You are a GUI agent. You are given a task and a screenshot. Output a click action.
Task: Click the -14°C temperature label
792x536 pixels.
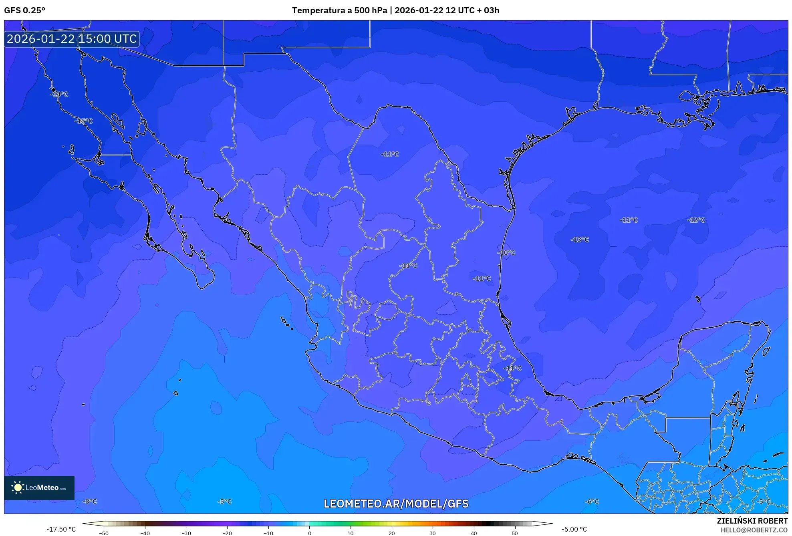tap(59, 94)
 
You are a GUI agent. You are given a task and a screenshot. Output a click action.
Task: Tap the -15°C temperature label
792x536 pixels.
tap(84, 121)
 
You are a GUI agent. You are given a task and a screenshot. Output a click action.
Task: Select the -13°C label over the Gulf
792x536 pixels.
tap(580, 240)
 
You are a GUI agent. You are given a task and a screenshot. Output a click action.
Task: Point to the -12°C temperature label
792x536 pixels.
tap(696, 220)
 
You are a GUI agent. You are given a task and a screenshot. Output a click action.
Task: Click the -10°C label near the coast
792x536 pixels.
tap(506, 253)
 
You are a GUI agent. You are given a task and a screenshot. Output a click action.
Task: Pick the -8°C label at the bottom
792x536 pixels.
tap(90, 501)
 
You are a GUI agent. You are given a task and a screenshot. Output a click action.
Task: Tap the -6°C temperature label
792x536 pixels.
tap(592, 501)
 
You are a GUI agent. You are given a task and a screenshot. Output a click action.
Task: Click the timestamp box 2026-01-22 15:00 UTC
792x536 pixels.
tap(72, 39)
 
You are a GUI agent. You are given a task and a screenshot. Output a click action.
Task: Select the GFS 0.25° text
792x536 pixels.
tap(24, 10)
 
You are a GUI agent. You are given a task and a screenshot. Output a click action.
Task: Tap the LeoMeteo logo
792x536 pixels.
tap(39, 488)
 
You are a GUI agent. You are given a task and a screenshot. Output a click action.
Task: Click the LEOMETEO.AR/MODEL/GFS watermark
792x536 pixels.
tap(396, 504)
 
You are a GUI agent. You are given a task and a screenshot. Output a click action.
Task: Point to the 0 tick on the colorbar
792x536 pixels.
tap(309, 533)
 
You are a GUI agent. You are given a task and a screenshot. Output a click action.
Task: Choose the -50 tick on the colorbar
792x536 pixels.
tap(104, 533)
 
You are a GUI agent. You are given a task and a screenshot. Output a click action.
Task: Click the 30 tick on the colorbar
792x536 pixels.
tap(433, 533)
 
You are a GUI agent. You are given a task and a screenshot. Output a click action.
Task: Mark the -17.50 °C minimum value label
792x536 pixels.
tap(61, 529)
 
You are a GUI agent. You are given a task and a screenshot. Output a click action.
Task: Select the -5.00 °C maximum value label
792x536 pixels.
tap(574, 529)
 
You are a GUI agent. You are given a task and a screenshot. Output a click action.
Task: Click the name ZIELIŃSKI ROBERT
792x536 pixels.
tap(752, 521)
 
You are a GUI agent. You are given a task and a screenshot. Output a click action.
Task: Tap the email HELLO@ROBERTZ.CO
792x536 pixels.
tap(754, 530)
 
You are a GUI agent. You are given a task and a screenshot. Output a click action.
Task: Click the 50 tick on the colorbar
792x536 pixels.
tap(515, 533)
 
